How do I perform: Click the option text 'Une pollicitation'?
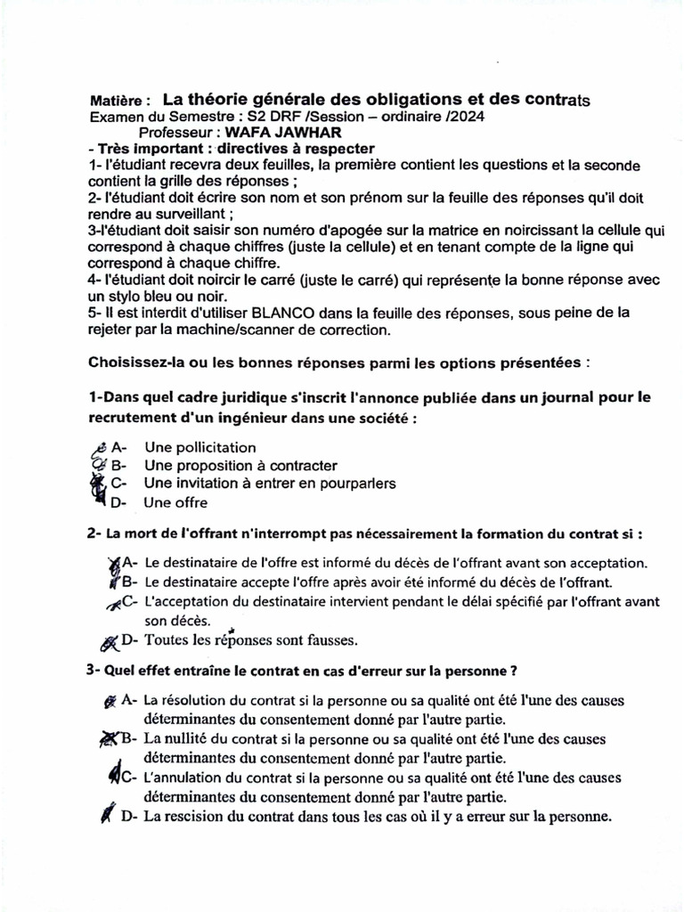(x=199, y=448)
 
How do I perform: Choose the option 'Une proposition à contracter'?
(x=240, y=466)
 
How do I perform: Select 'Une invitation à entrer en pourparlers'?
(x=270, y=484)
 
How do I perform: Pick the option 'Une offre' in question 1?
(x=175, y=502)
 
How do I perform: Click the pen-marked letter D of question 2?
(x=128, y=639)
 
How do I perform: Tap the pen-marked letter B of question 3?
(x=127, y=738)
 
